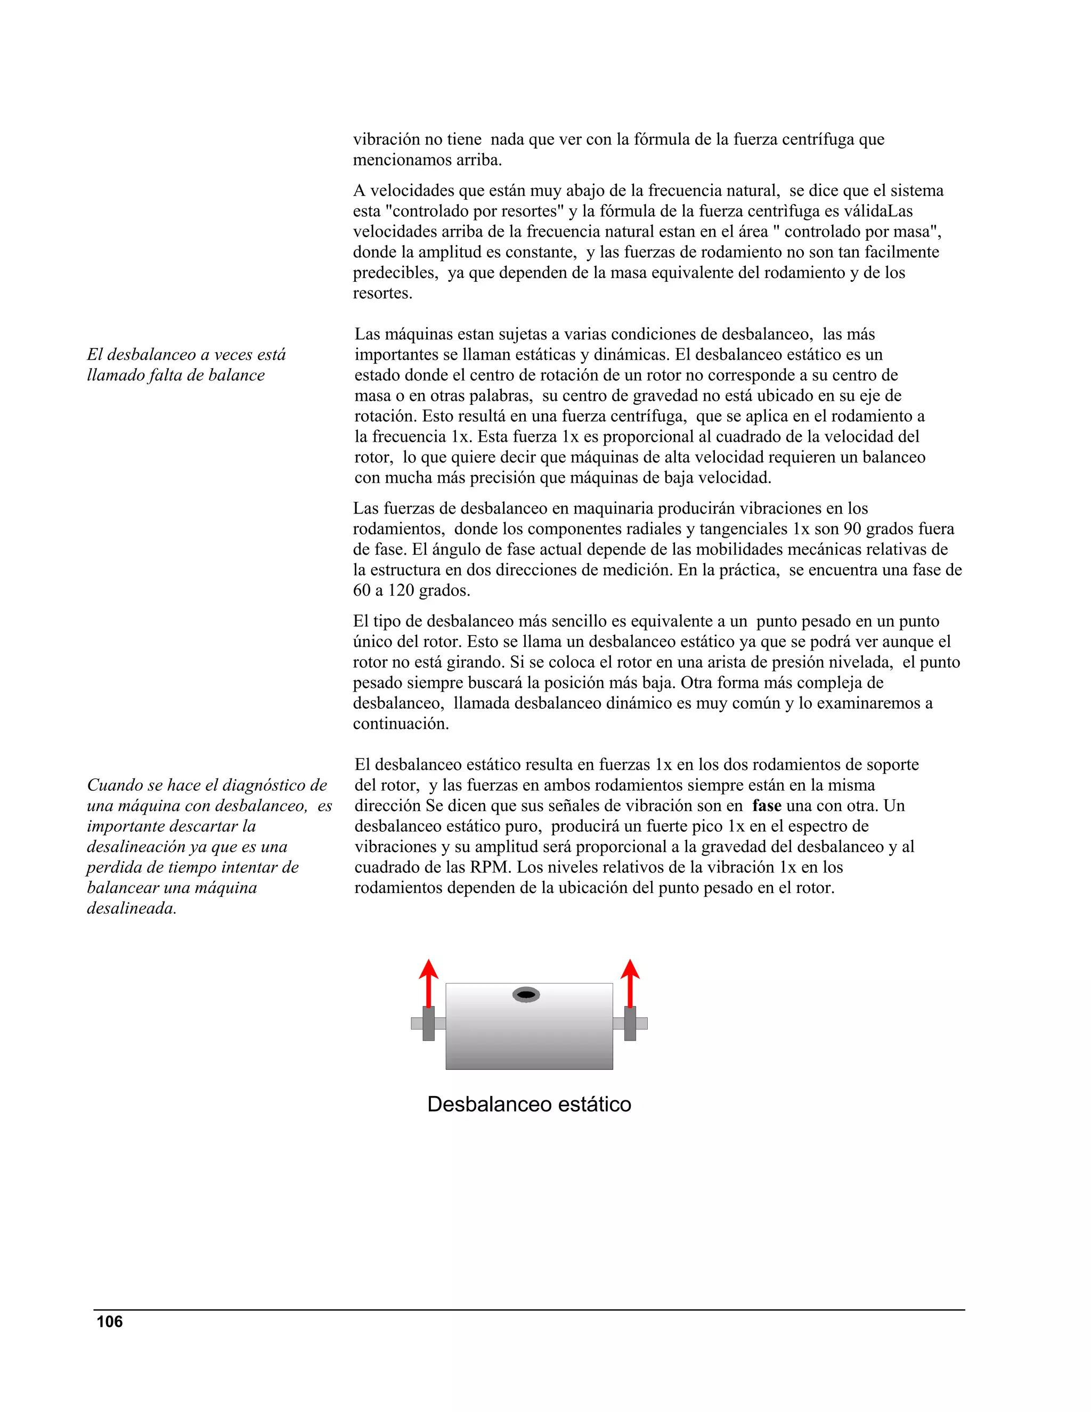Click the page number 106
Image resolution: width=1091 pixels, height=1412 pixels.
point(109,1321)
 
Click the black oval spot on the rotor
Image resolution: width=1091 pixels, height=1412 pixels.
point(526,994)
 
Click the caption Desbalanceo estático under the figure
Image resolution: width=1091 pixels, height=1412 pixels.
point(528,1103)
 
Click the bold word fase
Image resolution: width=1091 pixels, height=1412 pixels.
point(767,806)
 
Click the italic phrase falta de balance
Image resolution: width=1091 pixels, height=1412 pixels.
point(206,375)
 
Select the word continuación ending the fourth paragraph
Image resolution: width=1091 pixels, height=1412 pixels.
point(400,724)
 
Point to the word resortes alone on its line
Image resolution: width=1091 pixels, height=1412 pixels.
point(381,293)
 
